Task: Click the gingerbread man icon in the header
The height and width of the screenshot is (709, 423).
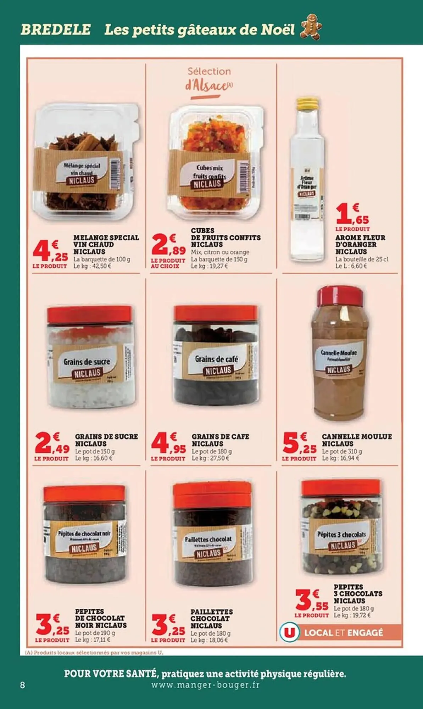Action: pyautogui.click(x=311, y=27)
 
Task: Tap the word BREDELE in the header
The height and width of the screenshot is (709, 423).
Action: pyautogui.click(x=56, y=29)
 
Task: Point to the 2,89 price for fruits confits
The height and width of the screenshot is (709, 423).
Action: pyautogui.click(x=168, y=244)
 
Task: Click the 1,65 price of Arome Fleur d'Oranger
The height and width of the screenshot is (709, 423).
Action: pyautogui.click(x=352, y=214)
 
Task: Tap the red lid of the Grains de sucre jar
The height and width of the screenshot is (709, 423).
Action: pyautogui.click(x=89, y=314)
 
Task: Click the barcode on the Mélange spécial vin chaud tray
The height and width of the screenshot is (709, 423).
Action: pyautogui.click(x=115, y=174)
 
